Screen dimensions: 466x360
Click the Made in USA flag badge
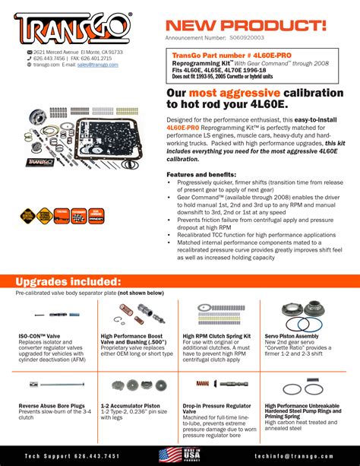(x=179, y=455)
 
